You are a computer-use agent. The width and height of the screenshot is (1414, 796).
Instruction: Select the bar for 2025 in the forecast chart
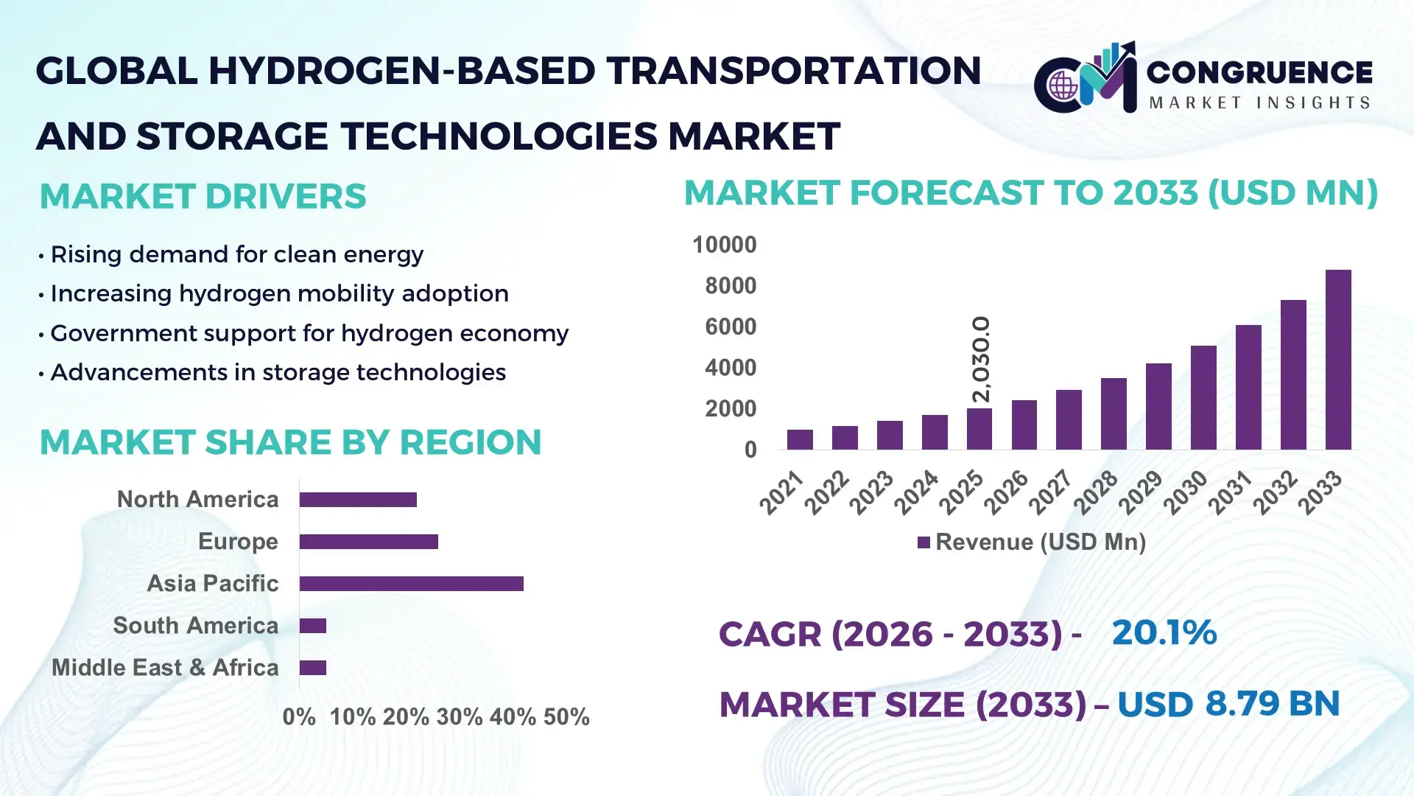[x=979, y=429]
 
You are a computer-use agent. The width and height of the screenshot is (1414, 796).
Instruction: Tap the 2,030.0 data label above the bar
[x=981, y=359]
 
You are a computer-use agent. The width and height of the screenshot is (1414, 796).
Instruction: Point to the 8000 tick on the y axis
[x=730, y=286]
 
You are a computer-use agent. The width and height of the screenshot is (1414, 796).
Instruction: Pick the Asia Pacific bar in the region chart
[x=411, y=584]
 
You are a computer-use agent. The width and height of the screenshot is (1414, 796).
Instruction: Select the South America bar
[x=312, y=626]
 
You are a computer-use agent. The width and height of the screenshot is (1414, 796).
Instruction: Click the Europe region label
[x=238, y=541]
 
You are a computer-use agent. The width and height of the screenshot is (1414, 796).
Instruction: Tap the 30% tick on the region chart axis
[x=459, y=716]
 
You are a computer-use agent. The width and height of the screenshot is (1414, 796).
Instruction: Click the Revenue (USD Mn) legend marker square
[x=924, y=542]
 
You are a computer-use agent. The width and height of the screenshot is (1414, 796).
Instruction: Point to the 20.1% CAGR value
[x=1164, y=633]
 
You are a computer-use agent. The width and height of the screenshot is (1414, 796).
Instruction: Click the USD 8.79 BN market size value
[x=1228, y=704]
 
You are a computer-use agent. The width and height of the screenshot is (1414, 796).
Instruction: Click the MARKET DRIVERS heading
[x=203, y=196]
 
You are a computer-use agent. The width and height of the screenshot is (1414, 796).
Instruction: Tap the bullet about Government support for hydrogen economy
[x=309, y=333]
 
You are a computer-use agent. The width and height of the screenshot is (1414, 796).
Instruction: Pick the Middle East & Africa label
[x=165, y=668]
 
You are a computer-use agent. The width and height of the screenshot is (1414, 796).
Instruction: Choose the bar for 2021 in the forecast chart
[x=800, y=439]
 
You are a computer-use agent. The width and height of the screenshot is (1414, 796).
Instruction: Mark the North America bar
[x=358, y=500]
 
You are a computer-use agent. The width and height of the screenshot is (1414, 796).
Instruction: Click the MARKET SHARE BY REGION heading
[x=290, y=442]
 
